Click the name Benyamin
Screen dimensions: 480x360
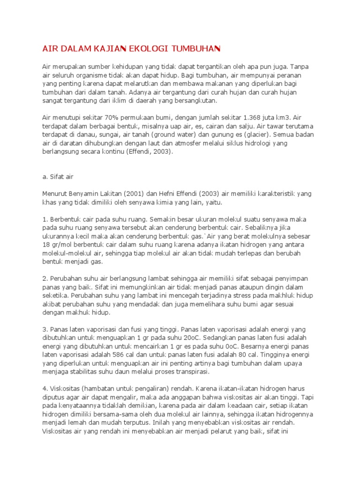[x=85, y=194]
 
